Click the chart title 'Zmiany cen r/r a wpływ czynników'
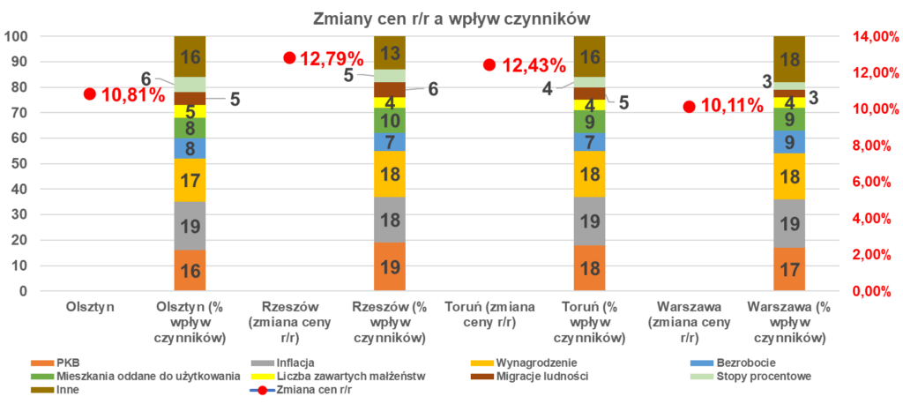(x=451, y=18)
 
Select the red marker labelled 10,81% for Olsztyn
(x=89, y=94)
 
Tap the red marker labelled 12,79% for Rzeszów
(x=288, y=57)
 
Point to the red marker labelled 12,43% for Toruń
(x=489, y=64)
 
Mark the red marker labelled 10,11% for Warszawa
(x=689, y=106)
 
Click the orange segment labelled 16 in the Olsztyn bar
(x=190, y=270)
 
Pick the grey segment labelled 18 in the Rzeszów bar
(x=389, y=220)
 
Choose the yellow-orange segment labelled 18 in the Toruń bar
(x=589, y=174)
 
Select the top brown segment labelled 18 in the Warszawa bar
(x=789, y=59)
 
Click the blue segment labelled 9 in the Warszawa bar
(x=789, y=142)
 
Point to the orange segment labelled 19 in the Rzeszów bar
(x=389, y=266)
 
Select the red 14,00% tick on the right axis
(x=868, y=36)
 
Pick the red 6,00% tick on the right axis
(x=868, y=182)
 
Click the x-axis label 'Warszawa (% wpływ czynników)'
(x=789, y=323)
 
